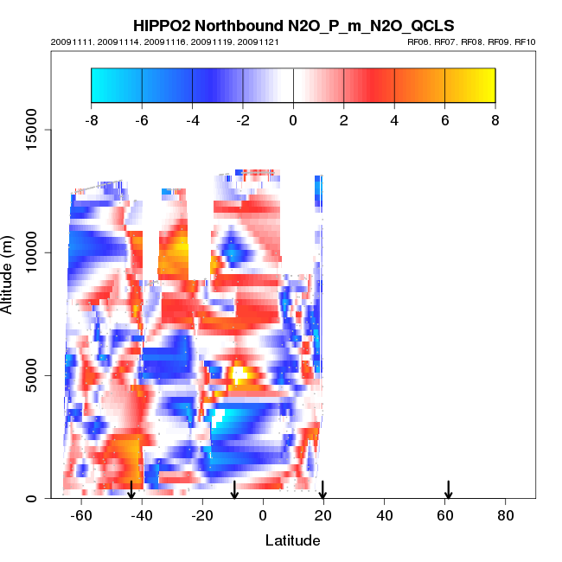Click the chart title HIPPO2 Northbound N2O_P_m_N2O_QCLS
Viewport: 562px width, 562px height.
click(293, 25)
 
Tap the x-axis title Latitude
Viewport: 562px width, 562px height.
click(292, 540)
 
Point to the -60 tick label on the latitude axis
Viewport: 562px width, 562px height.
click(81, 515)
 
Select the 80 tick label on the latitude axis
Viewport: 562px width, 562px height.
click(506, 515)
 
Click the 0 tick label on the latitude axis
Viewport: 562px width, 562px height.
click(263, 515)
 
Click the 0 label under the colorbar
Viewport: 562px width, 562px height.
click(293, 120)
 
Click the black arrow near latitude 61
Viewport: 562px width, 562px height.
click(449, 489)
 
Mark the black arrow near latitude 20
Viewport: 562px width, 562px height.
click(323, 489)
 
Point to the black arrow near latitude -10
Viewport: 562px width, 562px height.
click(233, 489)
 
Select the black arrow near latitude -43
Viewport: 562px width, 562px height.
click(131, 489)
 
